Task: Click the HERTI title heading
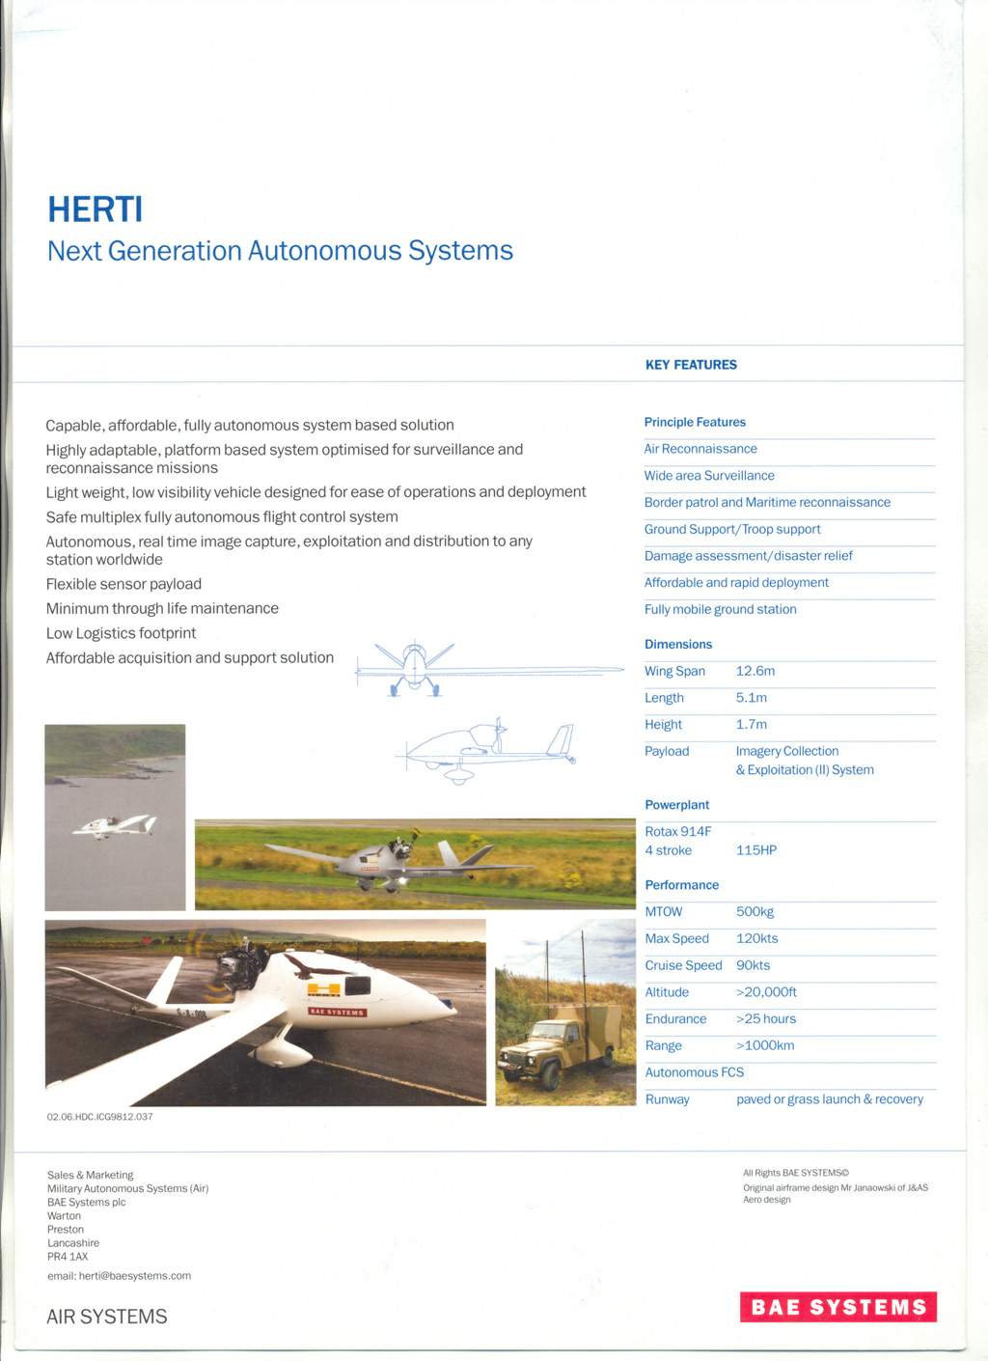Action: [x=96, y=209]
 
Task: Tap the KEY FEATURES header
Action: [x=691, y=365]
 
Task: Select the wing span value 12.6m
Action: [x=755, y=671]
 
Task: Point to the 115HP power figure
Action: [x=756, y=850]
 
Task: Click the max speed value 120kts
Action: [x=757, y=938]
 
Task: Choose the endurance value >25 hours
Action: [x=766, y=1018]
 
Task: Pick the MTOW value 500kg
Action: [x=755, y=911]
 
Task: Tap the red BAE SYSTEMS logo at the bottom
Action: [x=838, y=1307]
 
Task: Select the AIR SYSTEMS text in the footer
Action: [x=107, y=1317]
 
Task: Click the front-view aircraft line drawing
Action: [x=415, y=667]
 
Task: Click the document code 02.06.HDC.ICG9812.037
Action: [x=100, y=1117]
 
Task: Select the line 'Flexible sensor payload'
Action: [x=123, y=584]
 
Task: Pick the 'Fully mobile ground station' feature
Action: [x=721, y=609]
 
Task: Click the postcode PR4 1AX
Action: [x=68, y=1256]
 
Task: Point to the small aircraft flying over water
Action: [x=115, y=825]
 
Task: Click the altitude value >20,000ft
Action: [x=766, y=992]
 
